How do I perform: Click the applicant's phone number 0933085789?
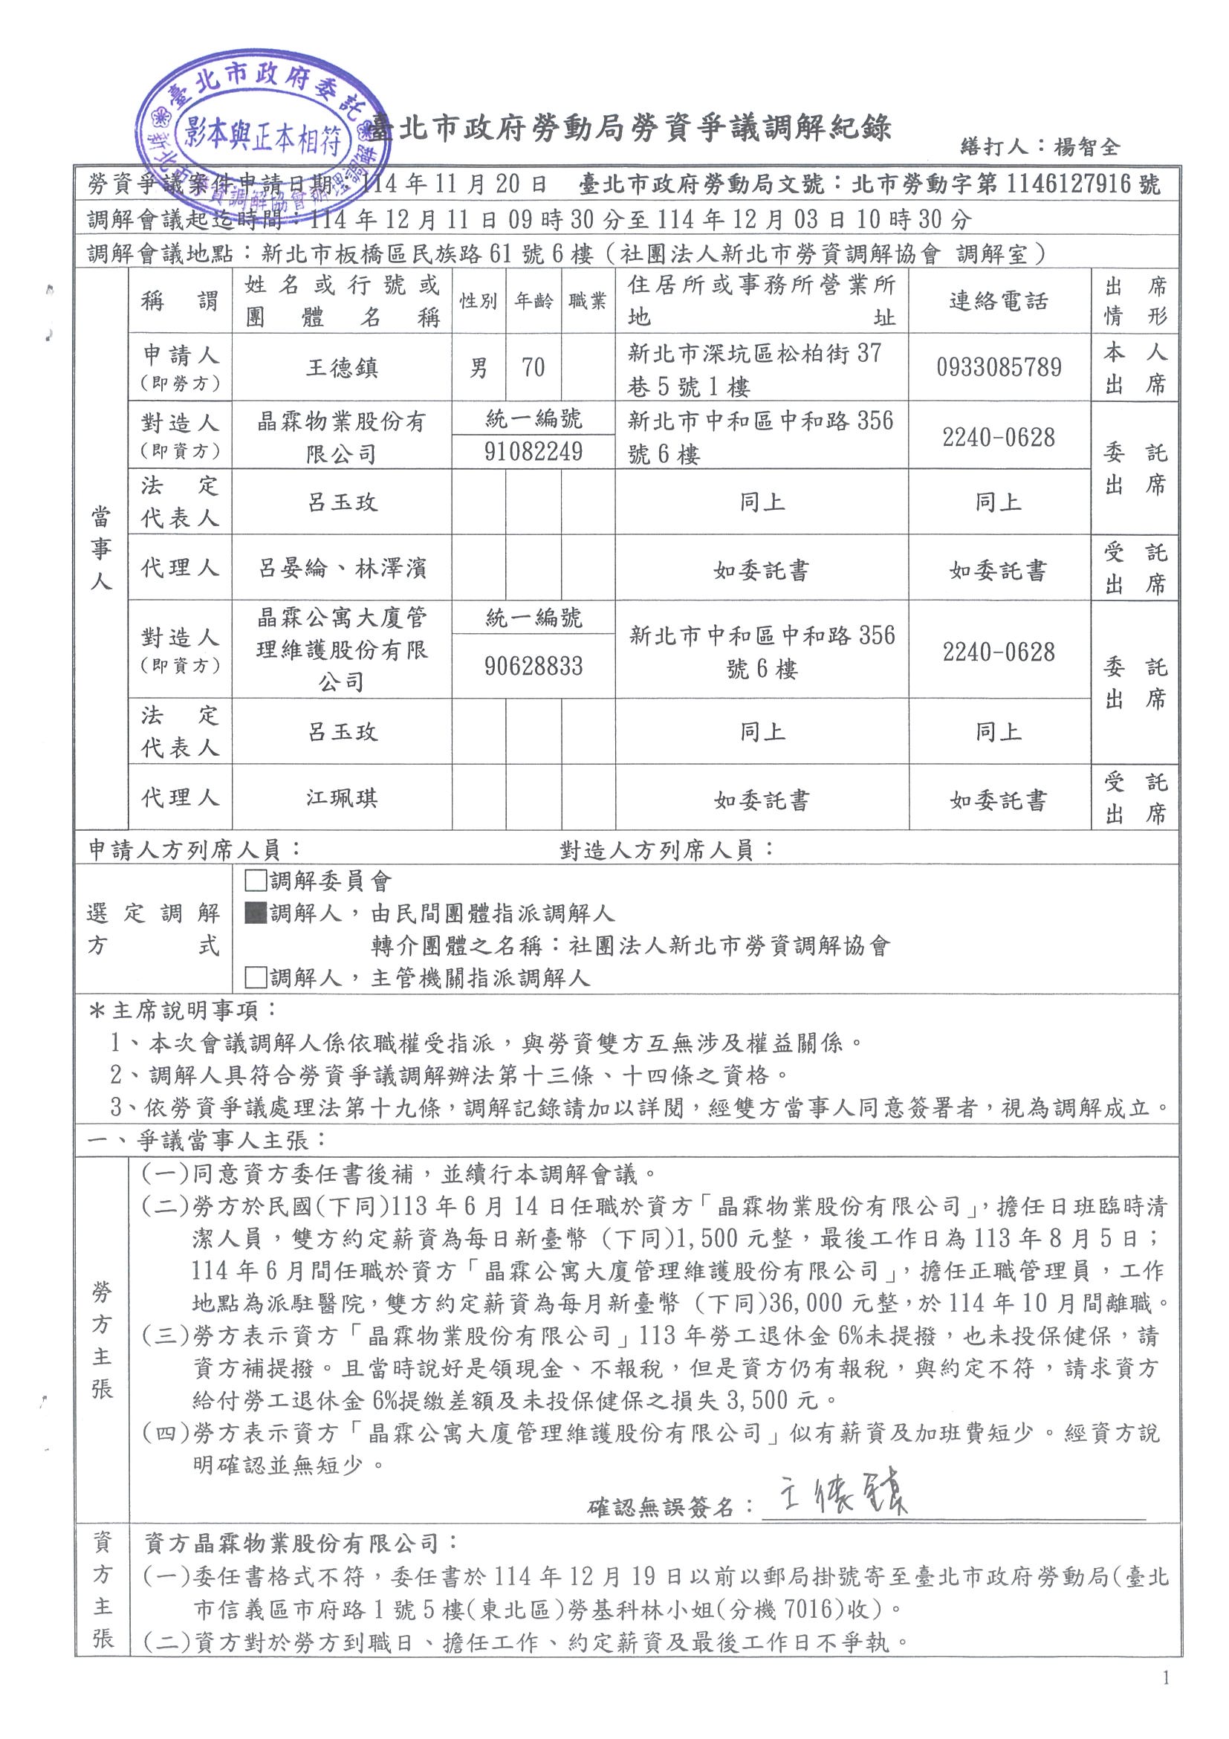[x=998, y=367]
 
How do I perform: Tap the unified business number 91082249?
[x=533, y=452]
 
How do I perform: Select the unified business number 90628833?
[x=533, y=666]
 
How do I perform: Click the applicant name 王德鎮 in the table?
[x=342, y=368]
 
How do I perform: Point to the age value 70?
[x=533, y=367]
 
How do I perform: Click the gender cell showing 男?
[x=479, y=368]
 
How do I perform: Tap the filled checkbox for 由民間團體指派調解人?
[x=255, y=913]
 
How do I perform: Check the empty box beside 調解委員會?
[x=255, y=881]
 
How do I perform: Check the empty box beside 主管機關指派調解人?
[x=255, y=978]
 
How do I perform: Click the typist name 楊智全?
[x=1087, y=146]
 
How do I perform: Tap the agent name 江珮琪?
[x=342, y=797]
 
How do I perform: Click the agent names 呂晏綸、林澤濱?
[x=342, y=568]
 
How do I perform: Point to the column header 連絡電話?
[x=998, y=302]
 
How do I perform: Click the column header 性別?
[x=479, y=302]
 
